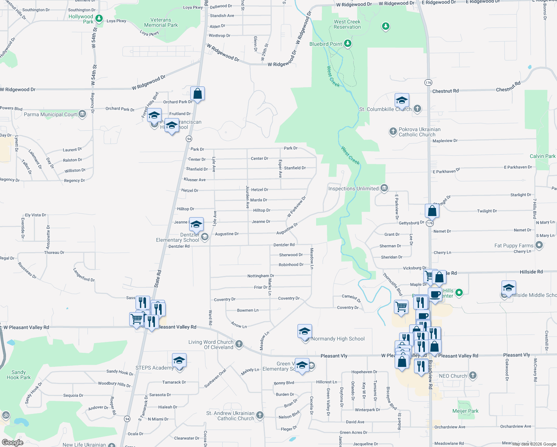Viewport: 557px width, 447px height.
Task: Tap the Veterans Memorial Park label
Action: pos(161,23)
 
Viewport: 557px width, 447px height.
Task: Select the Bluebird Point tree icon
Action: pos(348,44)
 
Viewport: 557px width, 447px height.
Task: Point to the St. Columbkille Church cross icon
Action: pos(417,109)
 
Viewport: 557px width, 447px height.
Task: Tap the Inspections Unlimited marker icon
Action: pos(384,188)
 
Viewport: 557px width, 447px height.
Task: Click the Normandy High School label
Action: pos(338,339)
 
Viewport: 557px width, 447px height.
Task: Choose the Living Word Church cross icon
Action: pos(239,344)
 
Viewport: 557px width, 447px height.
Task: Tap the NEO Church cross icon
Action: pos(472,375)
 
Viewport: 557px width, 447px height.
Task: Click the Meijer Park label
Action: pos(465,411)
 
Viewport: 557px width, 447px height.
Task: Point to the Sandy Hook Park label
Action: pos(19,375)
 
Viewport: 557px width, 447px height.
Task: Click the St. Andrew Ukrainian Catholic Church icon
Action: pos(260,415)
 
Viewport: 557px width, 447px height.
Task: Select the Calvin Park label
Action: pos(542,156)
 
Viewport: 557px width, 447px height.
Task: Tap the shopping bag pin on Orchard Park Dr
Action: pos(198,94)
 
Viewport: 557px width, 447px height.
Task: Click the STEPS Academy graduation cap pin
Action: pos(179,361)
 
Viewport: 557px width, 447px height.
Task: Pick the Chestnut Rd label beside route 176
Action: pos(445,91)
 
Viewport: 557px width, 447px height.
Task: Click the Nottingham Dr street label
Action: pos(258,276)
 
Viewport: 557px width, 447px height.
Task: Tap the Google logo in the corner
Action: pos(12,442)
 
